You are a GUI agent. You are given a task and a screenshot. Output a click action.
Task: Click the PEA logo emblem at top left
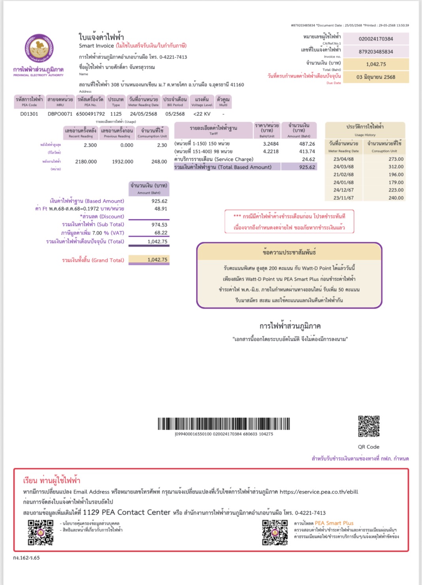click(x=39, y=49)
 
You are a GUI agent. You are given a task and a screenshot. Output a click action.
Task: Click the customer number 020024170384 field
click(x=376, y=39)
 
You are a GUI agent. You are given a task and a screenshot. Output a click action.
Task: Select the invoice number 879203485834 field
click(x=376, y=52)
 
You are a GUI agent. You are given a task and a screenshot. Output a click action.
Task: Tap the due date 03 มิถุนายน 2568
click(x=376, y=77)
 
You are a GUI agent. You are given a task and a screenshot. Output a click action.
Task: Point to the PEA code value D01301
click(x=29, y=114)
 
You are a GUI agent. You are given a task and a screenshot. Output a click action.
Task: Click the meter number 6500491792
click(x=90, y=114)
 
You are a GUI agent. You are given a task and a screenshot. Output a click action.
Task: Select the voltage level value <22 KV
click(x=202, y=114)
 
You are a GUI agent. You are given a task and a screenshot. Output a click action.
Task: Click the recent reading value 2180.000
click(x=86, y=162)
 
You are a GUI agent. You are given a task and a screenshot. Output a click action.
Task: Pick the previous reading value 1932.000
click(x=122, y=162)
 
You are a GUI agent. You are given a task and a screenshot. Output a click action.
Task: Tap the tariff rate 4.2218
click(x=271, y=151)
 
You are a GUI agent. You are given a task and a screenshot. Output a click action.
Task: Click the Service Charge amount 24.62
click(x=308, y=159)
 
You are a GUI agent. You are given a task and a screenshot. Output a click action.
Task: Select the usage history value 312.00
click(x=396, y=167)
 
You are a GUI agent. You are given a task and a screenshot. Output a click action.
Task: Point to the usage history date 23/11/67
click(x=343, y=198)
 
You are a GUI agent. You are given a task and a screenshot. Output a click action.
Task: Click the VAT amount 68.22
click(x=160, y=233)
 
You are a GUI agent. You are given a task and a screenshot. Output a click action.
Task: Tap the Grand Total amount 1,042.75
click(x=157, y=260)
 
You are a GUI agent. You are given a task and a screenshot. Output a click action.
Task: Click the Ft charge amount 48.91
click(x=160, y=209)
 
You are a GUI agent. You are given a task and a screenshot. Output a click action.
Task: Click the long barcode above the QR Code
click(x=224, y=424)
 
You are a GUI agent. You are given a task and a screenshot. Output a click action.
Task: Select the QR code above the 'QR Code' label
click(x=369, y=426)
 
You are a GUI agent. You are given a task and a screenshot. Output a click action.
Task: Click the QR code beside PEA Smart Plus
click(x=275, y=532)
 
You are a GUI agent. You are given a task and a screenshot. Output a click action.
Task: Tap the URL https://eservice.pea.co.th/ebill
click(x=319, y=492)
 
